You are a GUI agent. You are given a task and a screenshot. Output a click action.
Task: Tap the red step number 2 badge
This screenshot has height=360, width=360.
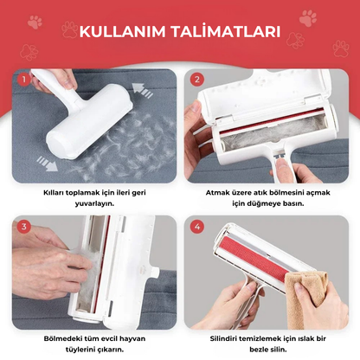pyautogui.click(x=196, y=80)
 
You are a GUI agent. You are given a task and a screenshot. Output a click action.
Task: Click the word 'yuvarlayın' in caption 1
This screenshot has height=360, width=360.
pyautogui.click(x=92, y=205)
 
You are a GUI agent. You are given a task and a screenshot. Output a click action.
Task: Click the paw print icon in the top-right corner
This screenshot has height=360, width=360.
pyautogui.click(x=332, y=17)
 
